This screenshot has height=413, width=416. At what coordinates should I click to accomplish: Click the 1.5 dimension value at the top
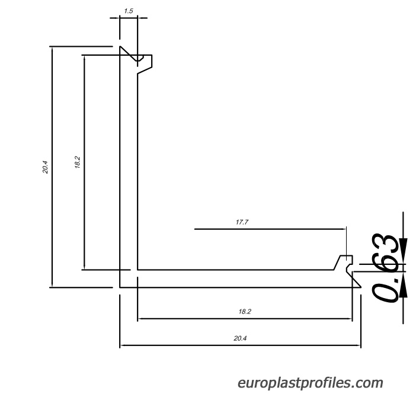tap(129, 11)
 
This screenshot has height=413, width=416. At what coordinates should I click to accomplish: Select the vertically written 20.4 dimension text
tap(45, 167)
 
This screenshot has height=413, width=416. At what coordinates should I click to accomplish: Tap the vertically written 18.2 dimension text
tap(77, 162)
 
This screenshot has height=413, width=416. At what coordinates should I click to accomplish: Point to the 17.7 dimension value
tap(242, 222)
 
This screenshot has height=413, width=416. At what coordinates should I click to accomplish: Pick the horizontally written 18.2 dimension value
tap(245, 312)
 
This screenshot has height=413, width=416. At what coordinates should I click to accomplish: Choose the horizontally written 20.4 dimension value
tap(240, 338)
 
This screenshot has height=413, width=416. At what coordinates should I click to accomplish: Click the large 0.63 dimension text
tap(386, 268)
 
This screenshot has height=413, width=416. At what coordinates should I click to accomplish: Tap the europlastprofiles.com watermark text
tap(310, 383)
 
